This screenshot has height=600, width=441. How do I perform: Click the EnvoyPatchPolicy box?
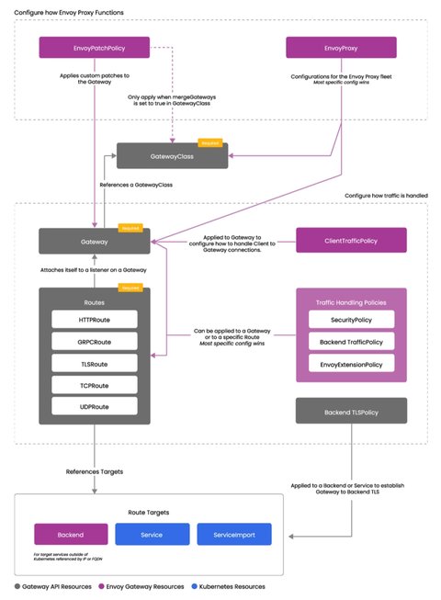94,47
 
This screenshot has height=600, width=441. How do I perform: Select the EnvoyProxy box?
341,47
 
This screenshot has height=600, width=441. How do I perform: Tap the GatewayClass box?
172,156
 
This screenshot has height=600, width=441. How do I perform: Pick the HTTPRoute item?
95,318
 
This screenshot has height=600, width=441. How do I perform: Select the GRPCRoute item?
95,340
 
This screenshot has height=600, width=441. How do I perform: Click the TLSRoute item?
95,362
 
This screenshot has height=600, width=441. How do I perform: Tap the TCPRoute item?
95,384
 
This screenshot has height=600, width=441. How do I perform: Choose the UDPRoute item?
95,406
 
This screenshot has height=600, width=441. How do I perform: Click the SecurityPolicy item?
351,319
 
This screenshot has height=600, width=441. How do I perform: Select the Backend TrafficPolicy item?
351,341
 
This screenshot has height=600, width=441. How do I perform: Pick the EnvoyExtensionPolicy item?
351,363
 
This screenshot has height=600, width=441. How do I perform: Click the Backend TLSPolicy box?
351,412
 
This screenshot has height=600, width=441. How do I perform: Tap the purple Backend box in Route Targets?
70,533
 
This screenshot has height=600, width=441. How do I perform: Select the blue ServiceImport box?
233,533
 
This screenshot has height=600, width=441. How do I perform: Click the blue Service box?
152,533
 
